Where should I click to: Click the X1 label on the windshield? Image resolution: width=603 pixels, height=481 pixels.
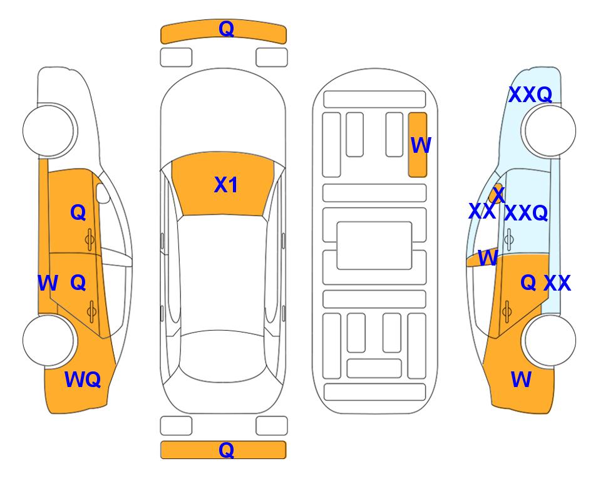click(x=226, y=185)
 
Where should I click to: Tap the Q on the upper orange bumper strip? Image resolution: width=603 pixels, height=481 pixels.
click(x=226, y=28)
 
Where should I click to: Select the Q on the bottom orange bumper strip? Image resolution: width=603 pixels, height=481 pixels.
click(x=226, y=450)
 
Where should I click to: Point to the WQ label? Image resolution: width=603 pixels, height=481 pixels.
click(x=83, y=380)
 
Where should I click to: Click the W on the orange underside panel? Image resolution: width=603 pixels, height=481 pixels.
click(x=421, y=145)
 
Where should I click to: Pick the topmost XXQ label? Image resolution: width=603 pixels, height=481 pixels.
click(x=530, y=95)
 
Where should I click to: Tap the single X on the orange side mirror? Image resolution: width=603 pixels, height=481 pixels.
click(x=499, y=194)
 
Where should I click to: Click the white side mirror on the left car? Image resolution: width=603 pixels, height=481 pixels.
click(x=103, y=193)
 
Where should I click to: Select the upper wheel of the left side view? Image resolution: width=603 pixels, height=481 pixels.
click(x=49, y=131)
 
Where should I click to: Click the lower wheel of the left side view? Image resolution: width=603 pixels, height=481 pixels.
click(x=49, y=340)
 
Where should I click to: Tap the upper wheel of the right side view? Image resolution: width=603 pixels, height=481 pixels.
click(x=550, y=131)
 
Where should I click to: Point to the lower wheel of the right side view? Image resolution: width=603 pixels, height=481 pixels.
click(x=550, y=340)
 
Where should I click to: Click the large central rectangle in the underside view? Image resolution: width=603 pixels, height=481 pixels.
click(x=374, y=246)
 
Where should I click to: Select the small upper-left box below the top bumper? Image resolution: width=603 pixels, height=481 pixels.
click(x=176, y=58)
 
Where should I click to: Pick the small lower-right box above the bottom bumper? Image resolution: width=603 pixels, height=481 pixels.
click(x=272, y=426)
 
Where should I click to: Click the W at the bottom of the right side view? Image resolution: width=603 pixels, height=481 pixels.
click(x=521, y=380)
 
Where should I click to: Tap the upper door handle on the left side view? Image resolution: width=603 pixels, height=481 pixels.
click(x=90, y=240)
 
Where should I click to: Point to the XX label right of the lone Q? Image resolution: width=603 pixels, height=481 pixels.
click(x=557, y=283)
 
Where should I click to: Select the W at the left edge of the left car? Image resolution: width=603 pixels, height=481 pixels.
click(x=48, y=283)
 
